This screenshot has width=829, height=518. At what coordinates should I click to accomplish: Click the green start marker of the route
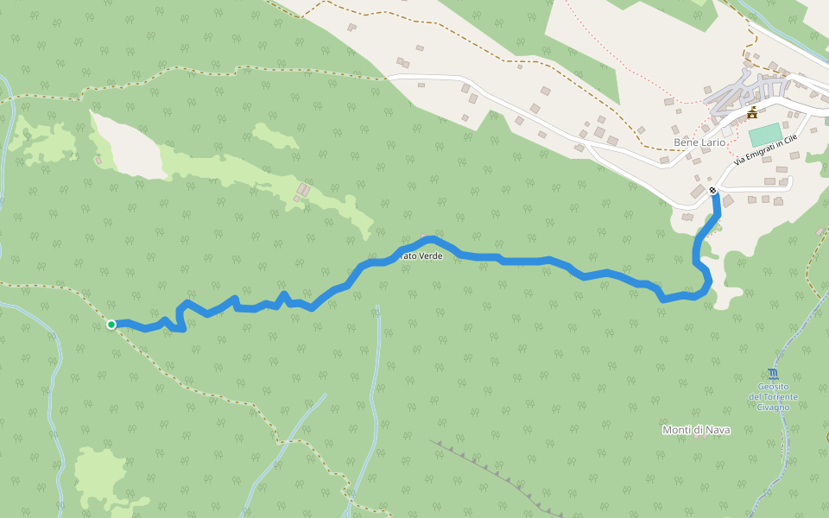[x=111, y=325]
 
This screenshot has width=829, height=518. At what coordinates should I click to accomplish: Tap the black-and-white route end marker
[x=712, y=191]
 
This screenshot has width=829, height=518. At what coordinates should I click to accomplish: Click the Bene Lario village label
[x=699, y=142]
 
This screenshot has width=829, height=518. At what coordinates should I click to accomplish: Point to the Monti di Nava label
[x=695, y=430]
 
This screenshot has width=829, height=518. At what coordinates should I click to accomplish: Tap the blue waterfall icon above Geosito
[x=772, y=374]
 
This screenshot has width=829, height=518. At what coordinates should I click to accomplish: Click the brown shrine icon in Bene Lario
[x=752, y=113]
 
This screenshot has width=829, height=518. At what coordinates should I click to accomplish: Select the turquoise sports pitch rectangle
[x=764, y=135]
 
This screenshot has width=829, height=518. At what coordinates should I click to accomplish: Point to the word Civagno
[x=773, y=407]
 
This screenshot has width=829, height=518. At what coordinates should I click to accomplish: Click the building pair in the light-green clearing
[x=303, y=192]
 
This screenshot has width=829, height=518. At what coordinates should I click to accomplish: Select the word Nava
[x=718, y=430]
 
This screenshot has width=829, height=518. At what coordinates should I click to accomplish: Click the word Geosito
[x=773, y=387]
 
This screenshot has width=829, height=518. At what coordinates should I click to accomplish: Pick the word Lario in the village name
[x=712, y=142]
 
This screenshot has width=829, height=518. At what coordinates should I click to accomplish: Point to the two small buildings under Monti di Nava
[x=698, y=437]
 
